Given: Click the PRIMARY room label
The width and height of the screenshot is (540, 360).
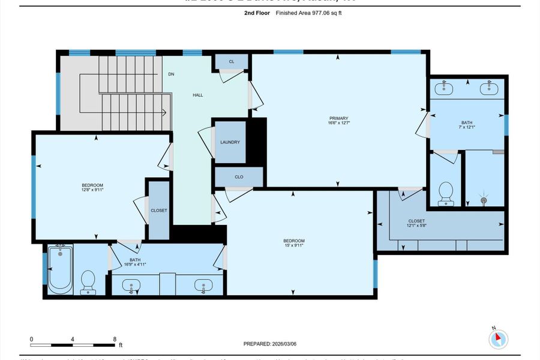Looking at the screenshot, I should [x=338, y=118].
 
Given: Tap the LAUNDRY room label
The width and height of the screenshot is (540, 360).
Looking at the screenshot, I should [x=230, y=142].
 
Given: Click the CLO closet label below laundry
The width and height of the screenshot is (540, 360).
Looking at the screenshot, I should [x=238, y=177].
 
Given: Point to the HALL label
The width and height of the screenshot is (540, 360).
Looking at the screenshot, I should [x=197, y=95].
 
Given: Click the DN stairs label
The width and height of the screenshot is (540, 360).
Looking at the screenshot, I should [x=171, y=74].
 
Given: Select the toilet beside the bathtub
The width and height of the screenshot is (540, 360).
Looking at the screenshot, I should [x=88, y=281].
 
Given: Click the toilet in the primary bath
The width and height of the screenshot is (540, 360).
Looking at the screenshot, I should [x=445, y=194].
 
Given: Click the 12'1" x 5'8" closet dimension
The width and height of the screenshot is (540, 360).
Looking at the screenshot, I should [x=399, y=226].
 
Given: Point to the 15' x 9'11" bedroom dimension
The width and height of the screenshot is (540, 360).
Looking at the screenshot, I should [x=294, y=245].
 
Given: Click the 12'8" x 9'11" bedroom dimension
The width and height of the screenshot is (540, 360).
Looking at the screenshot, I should [x=92, y=190].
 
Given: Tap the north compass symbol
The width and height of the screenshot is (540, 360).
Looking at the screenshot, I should [x=497, y=338].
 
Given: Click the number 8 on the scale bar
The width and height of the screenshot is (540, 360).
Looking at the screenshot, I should [x=114, y=339].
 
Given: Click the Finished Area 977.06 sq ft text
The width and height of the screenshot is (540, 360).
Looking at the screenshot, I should [x=308, y=13].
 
